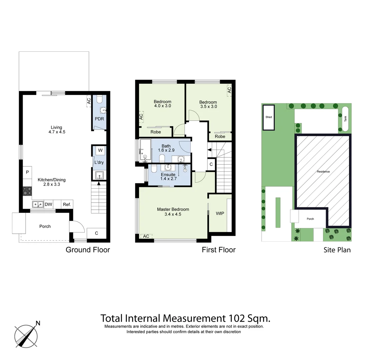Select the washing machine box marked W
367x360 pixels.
click(x=100, y=151)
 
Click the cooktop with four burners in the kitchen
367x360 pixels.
click(x=27, y=191)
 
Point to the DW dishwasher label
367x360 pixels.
click(x=48, y=204)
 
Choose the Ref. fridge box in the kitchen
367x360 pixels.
click(x=67, y=204)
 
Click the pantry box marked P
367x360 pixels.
click(x=27, y=172)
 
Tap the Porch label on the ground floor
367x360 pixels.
click(x=45, y=226)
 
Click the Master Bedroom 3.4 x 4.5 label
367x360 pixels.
click(x=173, y=212)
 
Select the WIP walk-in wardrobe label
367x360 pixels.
click(x=220, y=213)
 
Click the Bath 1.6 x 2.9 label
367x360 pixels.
click(x=166, y=148)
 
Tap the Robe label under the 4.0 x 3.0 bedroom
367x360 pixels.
click(x=156, y=132)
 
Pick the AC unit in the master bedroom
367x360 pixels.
click(x=146, y=236)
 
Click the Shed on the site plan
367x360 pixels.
click(x=269, y=117)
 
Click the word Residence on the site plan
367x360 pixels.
click(x=323, y=172)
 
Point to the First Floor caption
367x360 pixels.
click(x=218, y=250)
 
